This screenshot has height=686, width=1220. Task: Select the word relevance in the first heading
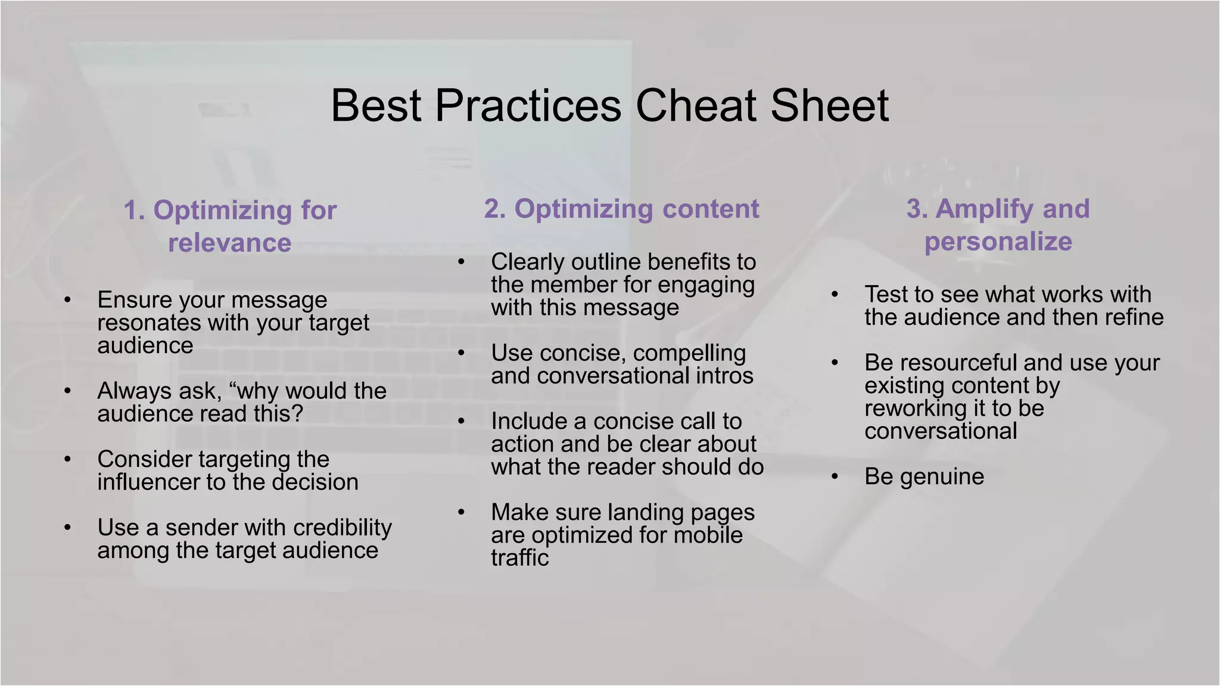click(x=229, y=243)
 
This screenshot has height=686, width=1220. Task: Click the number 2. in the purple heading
click(x=495, y=209)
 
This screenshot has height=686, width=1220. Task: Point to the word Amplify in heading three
click(x=981, y=209)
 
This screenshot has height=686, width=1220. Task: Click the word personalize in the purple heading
click(x=998, y=242)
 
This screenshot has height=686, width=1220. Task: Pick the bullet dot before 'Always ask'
click(x=68, y=391)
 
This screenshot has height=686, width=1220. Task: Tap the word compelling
click(x=689, y=354)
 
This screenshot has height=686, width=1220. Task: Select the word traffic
click(x=519, y=558)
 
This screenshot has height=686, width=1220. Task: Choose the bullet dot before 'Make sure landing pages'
click(x=461, y=512)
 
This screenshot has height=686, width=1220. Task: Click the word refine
click(x=1133, y=317)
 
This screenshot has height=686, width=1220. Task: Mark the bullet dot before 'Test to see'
click(x=835, y=295)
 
